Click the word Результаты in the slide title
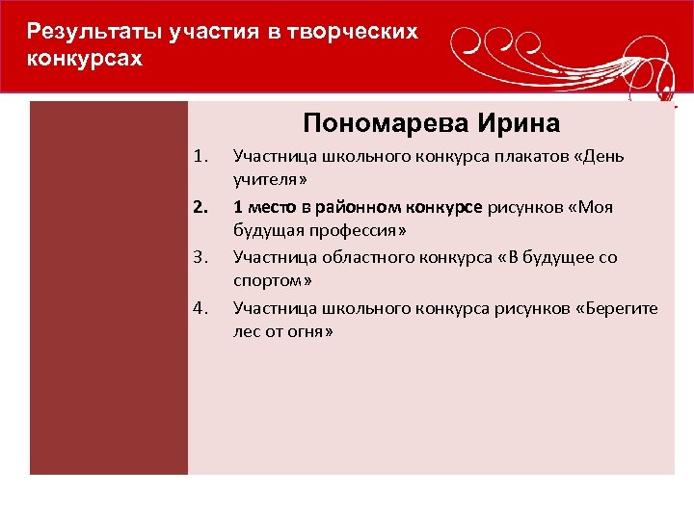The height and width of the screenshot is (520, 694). click(x=83, y=32)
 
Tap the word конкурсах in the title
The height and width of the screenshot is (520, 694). click(x=85, y=60)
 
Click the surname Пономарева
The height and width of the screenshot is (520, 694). click(x=383, y=123)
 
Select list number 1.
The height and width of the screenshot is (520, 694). click(x=200, y=156)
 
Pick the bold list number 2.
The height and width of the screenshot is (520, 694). click(x=200, y=207)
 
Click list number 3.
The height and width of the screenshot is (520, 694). click(x=200, y=258)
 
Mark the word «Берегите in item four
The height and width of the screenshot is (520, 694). click(x=613, y=309)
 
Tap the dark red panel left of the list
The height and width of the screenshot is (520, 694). click(x=108, y=289)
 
